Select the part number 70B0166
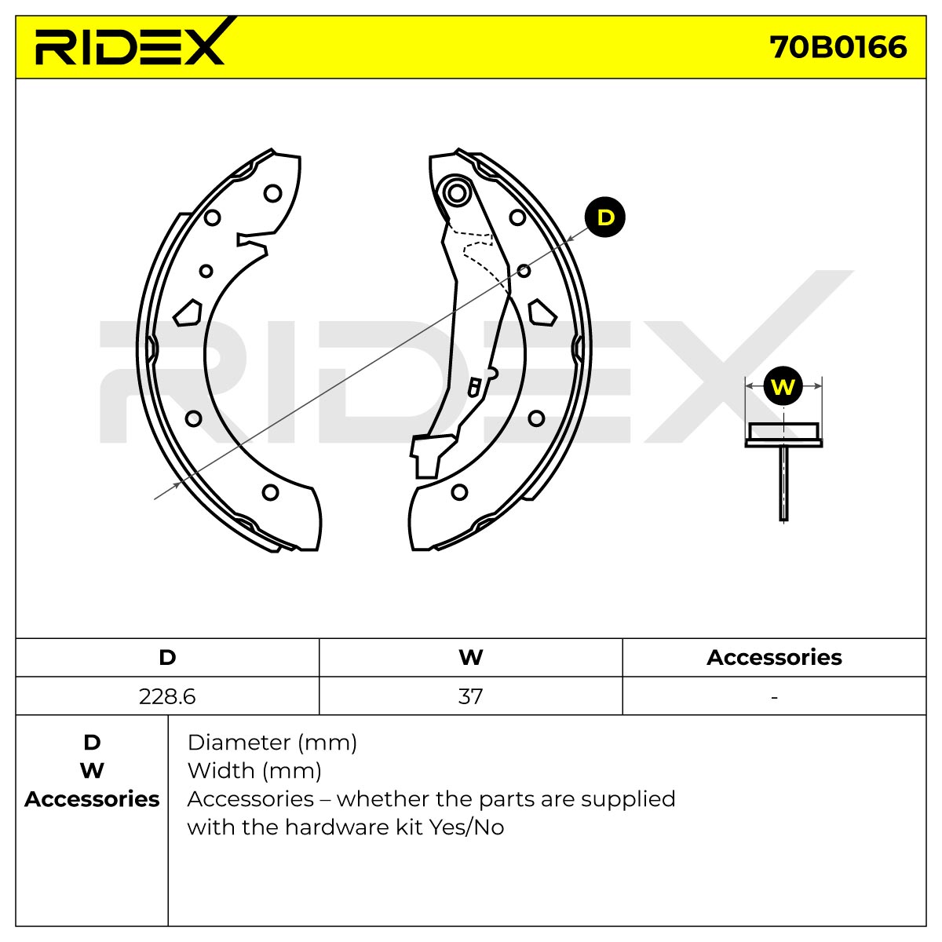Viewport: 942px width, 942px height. click(x=838, y=47)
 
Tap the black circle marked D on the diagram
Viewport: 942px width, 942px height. click(x=605, y=217)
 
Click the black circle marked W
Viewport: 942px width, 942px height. click(x=783, y=386)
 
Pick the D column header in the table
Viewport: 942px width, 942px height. click(x=167, y=658)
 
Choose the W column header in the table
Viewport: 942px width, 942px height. click(x=471, y=658)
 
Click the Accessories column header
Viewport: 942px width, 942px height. click(x=774, y=658)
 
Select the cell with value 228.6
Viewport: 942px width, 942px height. click(x=167, y=696)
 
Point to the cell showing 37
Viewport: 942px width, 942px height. click(x=471, y=696)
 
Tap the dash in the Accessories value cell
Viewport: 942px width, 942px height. click(x=774, y=697)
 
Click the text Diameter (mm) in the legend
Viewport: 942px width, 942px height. click(x=272, y=743)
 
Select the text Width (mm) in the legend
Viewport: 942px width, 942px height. click(x=254, y=772)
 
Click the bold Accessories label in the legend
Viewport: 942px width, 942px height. click(x=92, y=800)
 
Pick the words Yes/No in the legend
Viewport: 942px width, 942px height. click(x=466, y=827)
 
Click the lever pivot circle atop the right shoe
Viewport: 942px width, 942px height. click(x=457, y=192)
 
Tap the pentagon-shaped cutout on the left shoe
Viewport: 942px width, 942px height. click(x=188, y=313)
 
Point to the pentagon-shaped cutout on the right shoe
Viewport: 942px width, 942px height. click(x=542, y=313)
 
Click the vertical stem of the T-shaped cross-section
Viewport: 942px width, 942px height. click(x=783, y=483)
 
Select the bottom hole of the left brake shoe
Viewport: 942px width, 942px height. click(x=270, y=492)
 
